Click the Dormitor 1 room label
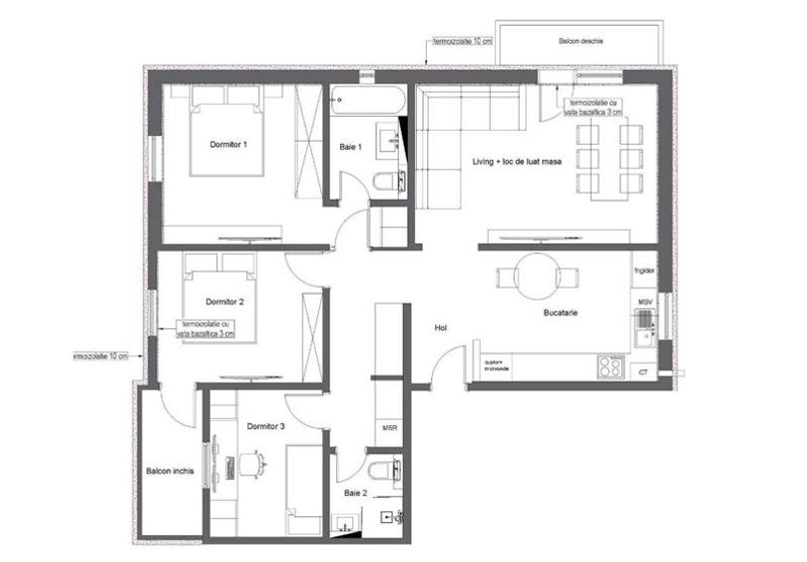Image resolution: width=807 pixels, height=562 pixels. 228,145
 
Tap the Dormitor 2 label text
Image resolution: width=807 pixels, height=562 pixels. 225,300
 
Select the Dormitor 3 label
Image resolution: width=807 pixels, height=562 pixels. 266,426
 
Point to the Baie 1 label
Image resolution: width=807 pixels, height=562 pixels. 350,147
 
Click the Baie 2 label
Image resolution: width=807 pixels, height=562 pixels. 355,493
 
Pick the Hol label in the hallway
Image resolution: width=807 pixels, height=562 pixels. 441,327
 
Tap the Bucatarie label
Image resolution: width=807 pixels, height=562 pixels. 563,313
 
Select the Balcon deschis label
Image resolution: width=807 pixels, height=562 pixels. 582,41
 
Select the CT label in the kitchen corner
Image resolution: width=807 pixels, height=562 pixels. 643,371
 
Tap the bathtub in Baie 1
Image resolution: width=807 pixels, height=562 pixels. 368,100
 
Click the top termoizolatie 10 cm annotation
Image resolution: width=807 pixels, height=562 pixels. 462,43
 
